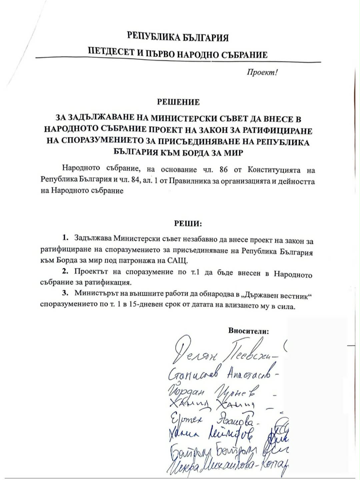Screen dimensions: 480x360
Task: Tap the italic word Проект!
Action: click(x=262, y=72)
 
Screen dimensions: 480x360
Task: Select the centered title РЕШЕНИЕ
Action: click(x=178, y=102)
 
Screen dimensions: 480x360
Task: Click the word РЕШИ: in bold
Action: click(x=188, y=223)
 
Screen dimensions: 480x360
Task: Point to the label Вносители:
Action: click(x=248, y=331)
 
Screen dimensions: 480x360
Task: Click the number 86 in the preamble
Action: click(x=224, y=170)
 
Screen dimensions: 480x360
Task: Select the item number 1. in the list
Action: click(x=65, y=238)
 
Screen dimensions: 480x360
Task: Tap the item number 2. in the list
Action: click(x=65, y=271)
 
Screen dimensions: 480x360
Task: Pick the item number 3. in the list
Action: click(x=65, y=293)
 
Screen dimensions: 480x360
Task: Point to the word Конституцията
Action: click(x=274, y=170)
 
